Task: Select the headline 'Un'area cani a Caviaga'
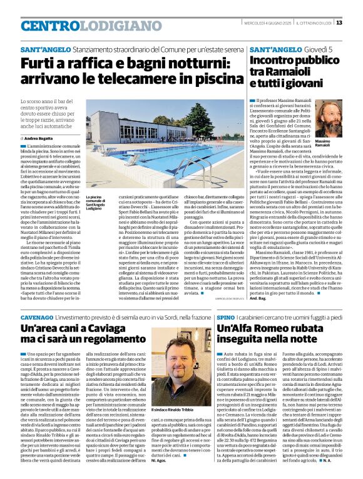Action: point(87,334)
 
